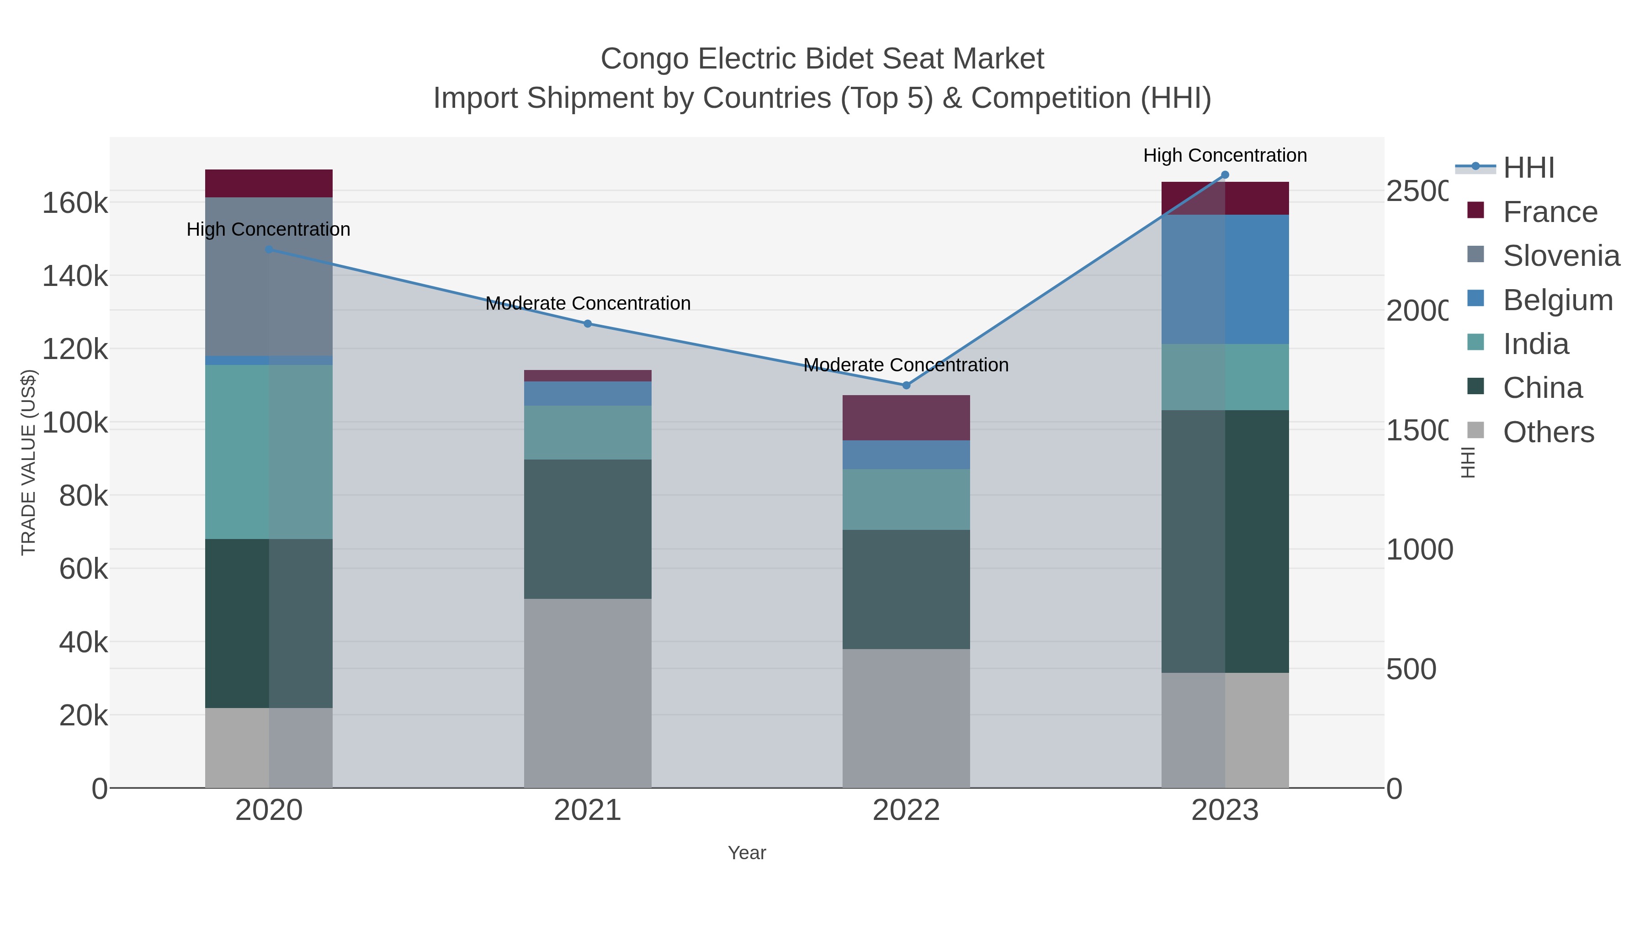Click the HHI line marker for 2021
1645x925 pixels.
pyautogui.click(x=588, y=324)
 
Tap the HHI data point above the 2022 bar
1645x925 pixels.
pyautogui.click(x=906, y=385)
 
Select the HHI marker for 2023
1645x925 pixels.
pyautogui.click(x=1225, y=175)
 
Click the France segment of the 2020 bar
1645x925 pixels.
pyautogui.click(x=268, y=183)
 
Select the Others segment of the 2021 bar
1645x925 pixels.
pyautogui.click(x=588, y=692)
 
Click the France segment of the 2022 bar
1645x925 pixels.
pyautogui.click(x=906, y=418)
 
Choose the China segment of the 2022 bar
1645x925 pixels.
pyautogui.click(x=906, y=589)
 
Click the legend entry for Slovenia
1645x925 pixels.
pyautogui.click(x=1561, y=256)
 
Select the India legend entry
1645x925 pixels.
pyautogui.click(x=1535, y=344)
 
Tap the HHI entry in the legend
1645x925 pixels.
pyautogui.click(x=1528, y=168)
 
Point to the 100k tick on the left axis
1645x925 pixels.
pyautogui.click(x=75, y=423)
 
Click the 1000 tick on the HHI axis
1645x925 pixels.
pyautogui.click(x=1419, y=550)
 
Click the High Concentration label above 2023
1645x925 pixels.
pyautogui.click(x=1225, y=155)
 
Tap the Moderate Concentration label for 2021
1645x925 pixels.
pyautogui.click(x=588, y=303)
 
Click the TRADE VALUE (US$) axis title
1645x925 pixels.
pyautogui.click(x=29, y=462)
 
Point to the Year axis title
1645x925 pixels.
pyautogui.click(x=747, y=853)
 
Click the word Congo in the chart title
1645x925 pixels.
pyautogui.click(x=644, y=59)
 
